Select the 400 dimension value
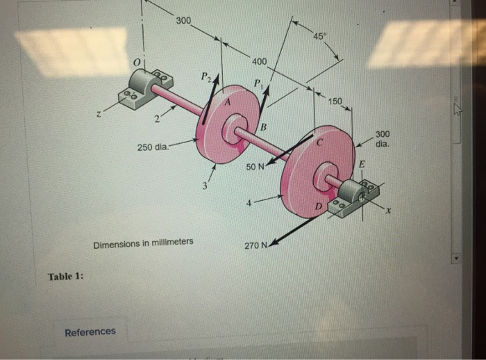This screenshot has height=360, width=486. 259,63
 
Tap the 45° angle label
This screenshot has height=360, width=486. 320,36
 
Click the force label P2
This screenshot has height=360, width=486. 205,75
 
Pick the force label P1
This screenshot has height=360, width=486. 258,84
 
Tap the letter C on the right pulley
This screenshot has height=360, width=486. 319,142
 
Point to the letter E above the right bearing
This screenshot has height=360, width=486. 361,164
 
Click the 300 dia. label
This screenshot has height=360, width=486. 383,139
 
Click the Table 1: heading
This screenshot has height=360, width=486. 66,276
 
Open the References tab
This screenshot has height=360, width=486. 90,332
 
